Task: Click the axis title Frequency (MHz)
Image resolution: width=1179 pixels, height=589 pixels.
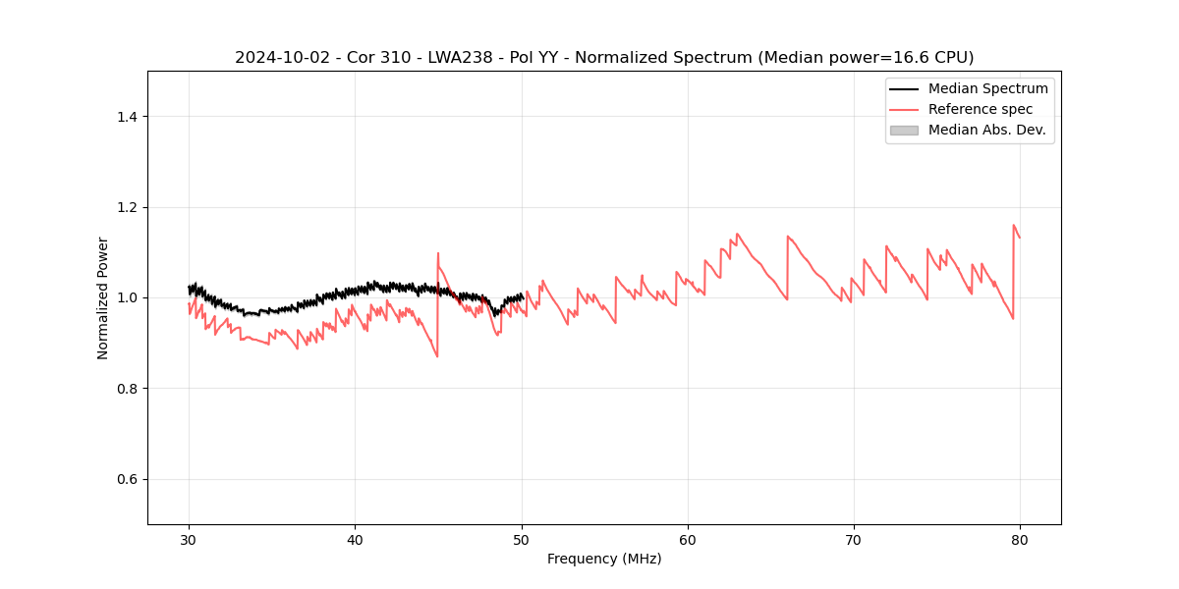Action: click(x=604, y=559)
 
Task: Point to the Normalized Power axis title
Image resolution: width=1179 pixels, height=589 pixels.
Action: click(x=103, y=297)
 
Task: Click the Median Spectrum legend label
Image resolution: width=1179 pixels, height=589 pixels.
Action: click(x=987, y=88)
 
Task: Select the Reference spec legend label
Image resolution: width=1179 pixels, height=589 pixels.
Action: click(x=981, y=109)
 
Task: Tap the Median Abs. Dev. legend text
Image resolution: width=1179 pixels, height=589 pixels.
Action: click(x=986, y=130)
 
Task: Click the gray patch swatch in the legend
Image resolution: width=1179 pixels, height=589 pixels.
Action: click(x=904, y=130)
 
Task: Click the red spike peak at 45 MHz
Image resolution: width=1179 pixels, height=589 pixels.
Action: click(x=438, y=253)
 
